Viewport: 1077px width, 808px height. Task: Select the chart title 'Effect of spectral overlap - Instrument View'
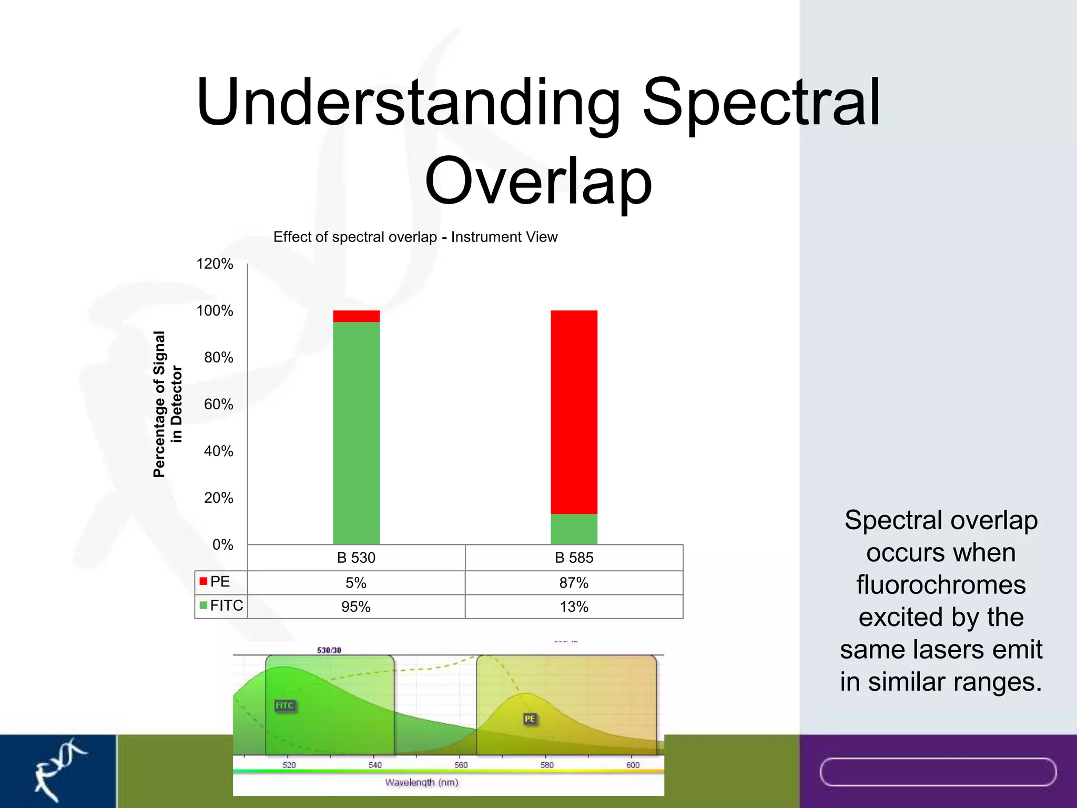coord(415,237)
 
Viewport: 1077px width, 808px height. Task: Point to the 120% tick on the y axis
coord(215,264)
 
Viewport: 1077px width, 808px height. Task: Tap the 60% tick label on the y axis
coord(218,404)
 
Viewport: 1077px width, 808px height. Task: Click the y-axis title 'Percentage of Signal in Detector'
coord(167,404)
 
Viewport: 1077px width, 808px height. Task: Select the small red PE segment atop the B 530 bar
coord(356,316)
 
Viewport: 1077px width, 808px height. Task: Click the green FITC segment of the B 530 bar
coord(356,431)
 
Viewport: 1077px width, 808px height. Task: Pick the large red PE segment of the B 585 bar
coord(574,410)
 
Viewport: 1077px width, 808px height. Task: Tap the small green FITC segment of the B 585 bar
coord(574,529)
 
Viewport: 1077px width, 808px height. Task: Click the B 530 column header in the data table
coord(356,558)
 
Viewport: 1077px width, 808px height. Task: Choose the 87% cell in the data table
coord(574,583)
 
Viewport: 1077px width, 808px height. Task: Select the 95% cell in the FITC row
coord(356,607)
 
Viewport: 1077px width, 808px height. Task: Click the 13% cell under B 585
coord(574,607)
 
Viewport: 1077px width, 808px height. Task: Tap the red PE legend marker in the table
coord(203,581)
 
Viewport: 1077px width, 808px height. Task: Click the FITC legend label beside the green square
coord(227,605)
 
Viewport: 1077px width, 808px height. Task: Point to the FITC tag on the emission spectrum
coord(285,705)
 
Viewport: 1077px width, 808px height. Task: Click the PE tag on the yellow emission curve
coord(530,719)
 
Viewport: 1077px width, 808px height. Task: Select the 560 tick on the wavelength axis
coord(461,765)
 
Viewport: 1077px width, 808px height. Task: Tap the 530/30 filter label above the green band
coord(329,650)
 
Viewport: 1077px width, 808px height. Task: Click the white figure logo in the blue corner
coord(58,768)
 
